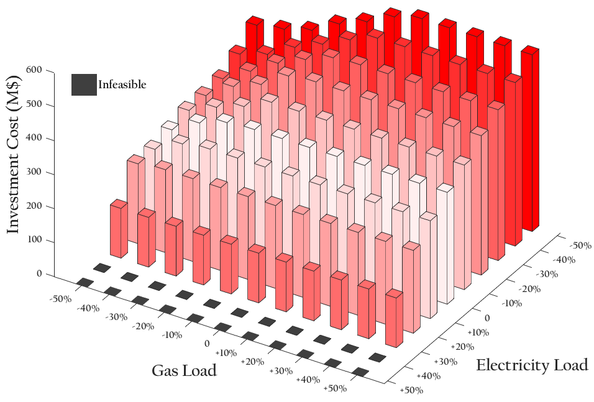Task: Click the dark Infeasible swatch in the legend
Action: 85,85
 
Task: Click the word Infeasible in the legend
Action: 122,85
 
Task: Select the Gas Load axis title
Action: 184,371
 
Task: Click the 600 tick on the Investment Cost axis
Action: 34,70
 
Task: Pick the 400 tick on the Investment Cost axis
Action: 34,139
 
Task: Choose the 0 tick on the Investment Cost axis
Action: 39,274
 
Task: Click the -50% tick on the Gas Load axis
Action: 62,299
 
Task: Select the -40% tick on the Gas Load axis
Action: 89,308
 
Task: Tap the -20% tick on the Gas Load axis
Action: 144,326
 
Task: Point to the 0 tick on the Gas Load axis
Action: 207,344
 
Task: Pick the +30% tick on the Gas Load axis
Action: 281,371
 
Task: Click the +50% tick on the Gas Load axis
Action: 336,389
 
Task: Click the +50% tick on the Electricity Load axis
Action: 411,390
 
